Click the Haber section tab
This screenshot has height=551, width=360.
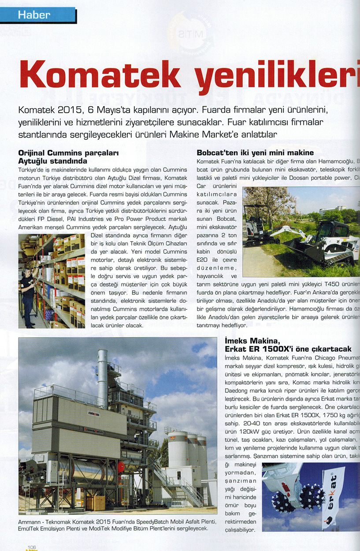coord(34,15)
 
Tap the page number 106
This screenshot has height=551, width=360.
coord(32,547)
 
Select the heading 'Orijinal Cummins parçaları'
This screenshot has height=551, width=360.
coord(68,153)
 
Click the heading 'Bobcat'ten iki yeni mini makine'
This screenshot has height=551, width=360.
coord(255,153)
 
